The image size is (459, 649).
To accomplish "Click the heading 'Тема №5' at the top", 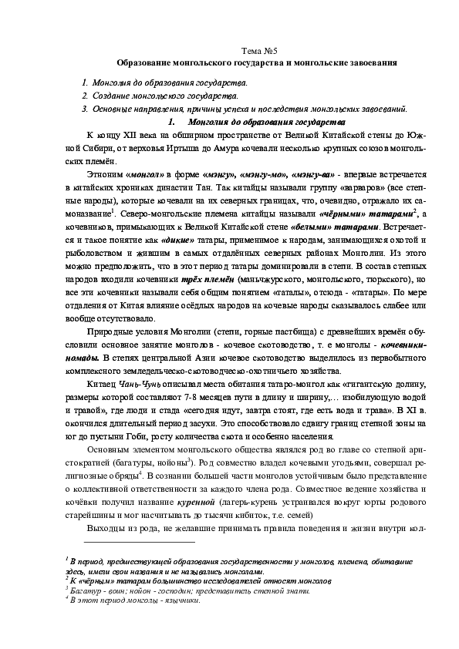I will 256,49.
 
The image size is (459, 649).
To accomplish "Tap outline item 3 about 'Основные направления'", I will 247,109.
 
